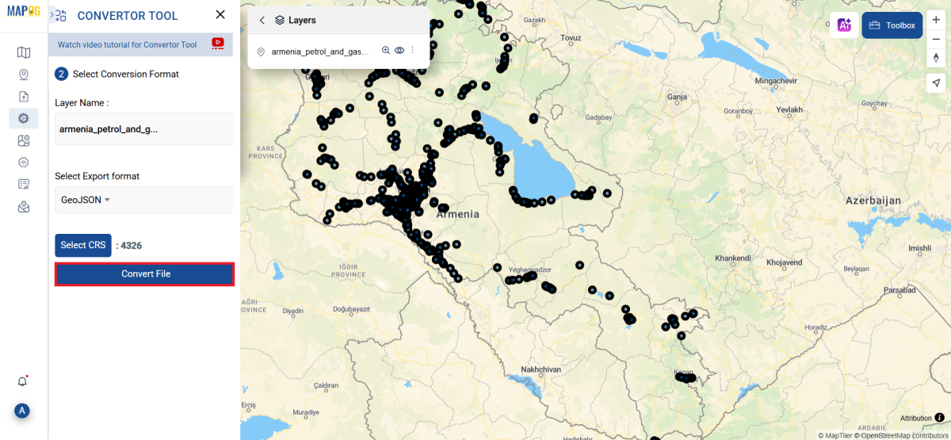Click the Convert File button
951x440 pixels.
click(145, 274)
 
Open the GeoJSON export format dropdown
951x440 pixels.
click(86, 201)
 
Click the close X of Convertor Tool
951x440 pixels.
click(220, 15)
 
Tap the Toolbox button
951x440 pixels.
click(892, 25)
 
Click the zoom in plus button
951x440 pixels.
click(936, 20)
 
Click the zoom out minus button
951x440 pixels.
click(936, 39)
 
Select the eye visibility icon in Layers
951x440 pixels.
click(399, 51)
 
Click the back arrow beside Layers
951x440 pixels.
click(262, 21)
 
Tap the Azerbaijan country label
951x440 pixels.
click(873, 201)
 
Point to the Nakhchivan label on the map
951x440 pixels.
click(540, 369)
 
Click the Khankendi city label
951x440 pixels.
click(732, 259)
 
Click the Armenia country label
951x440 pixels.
click(458, 214)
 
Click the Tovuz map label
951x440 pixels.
click(571, 38)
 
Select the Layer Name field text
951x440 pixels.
click(109, 128)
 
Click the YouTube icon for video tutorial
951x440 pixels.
click(218, 44)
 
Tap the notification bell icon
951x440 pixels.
click(22, 381)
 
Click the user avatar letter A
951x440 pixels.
click(22, 411)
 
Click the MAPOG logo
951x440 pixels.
click(23, 12)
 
